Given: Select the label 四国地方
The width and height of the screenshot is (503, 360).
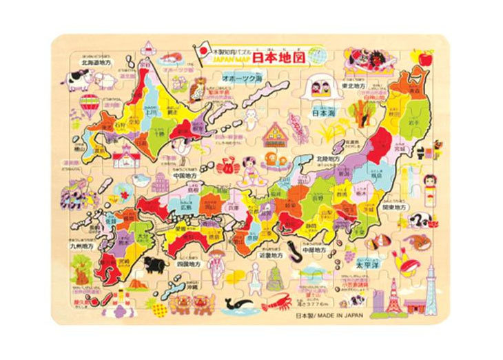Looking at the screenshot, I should tap(187, 263).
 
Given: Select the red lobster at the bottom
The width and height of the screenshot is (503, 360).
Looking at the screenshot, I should tap(278, 300).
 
